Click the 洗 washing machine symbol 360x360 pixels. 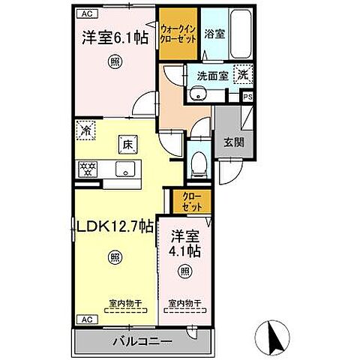(x=244, y=74)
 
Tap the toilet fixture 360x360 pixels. (x=198, y=161)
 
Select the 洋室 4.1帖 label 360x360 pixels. (x=185, y=240)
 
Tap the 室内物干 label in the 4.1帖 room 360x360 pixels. (x=183, y=304)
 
